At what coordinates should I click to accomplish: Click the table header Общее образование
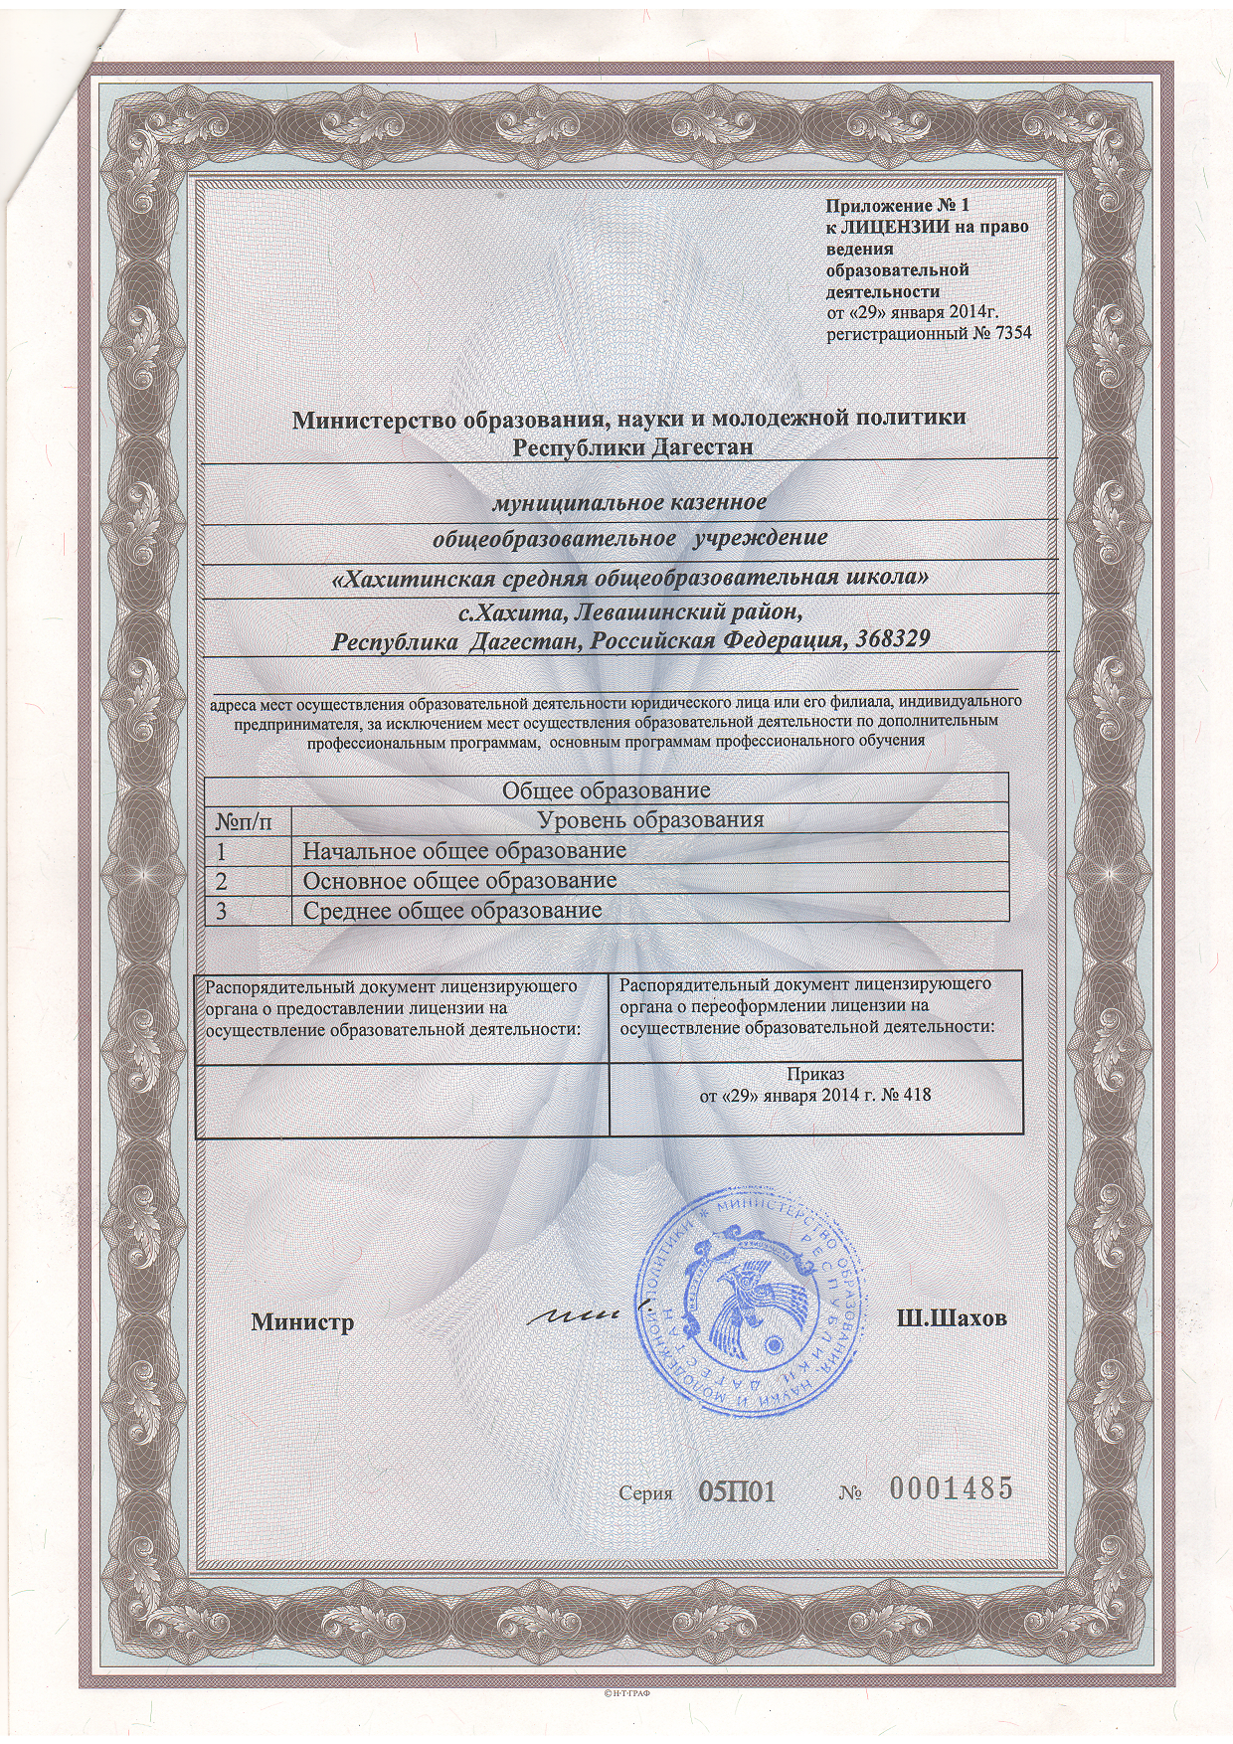[x=606, y=791]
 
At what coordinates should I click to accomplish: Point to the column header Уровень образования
[x=650, y=820]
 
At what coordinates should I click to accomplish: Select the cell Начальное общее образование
[x=464, y=851]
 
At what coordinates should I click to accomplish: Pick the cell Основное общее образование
[x=459, y=881]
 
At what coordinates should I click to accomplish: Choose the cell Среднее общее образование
[x=451, y=911]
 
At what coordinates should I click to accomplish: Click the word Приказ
[x=815, y=1075]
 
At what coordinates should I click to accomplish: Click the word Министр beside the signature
[x=302, y=1322]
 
